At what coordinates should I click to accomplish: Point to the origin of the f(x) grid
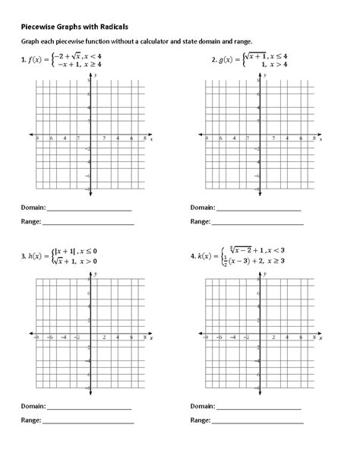pyautogui.click(x=90, y=139)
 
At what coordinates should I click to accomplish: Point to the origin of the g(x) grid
pyautogui.click(x=261, y=139)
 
